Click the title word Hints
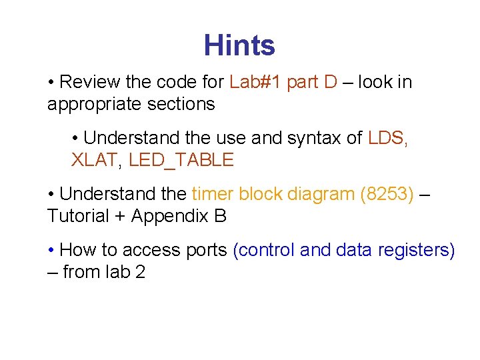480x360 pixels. point(239,45)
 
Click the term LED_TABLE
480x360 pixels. point(181,160)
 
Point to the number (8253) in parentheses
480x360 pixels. point(386,194)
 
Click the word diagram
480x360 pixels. point(321,194)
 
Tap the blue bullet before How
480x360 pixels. point(51,250)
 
